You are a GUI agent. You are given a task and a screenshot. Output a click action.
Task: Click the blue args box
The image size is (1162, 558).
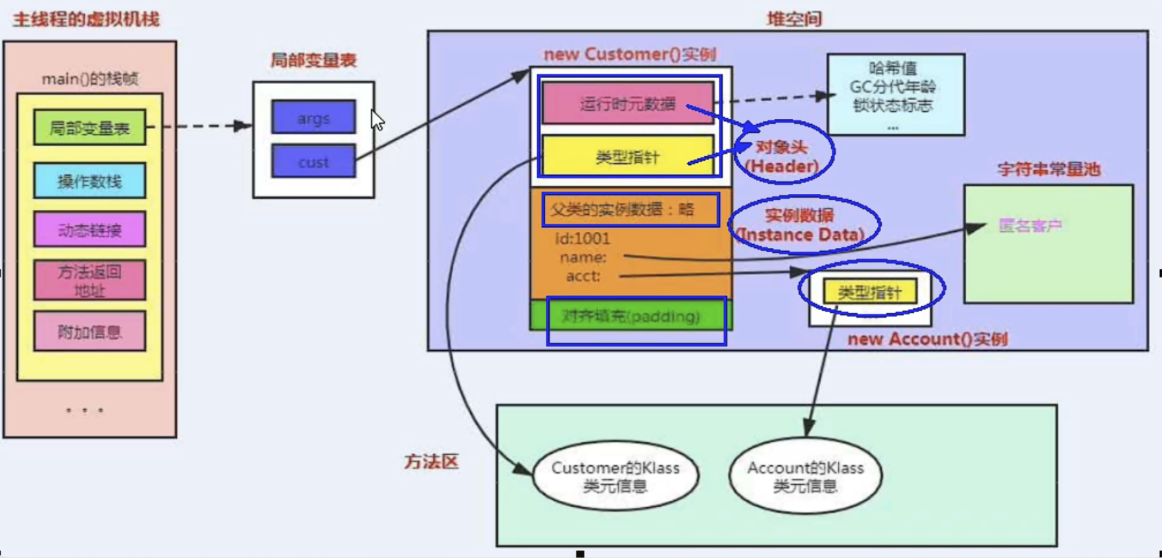[313, 118]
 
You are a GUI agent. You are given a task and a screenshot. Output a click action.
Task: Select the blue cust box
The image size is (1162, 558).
[313, 161]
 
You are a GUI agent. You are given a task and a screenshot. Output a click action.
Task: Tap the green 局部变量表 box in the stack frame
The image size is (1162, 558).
[90, 128]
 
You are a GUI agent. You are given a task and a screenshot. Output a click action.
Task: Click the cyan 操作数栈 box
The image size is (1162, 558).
[90, 181]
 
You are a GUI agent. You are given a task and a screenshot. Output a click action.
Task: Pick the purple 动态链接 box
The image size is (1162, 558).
[90, 229]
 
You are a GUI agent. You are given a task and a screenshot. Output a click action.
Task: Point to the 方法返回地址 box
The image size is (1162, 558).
[90, 280]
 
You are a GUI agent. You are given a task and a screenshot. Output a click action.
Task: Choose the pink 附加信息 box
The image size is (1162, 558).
[90, 331]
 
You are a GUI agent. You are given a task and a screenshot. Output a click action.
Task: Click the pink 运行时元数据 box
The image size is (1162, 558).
[627, 104]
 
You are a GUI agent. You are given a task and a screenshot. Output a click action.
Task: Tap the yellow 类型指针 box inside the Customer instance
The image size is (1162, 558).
[627, 156]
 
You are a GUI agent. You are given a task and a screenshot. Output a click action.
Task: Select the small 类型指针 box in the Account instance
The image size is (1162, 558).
[870, 292]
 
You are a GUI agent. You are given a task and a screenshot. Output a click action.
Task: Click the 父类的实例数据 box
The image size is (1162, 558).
[631, 210]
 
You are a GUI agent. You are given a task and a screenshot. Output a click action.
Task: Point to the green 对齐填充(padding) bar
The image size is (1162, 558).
[631, 316]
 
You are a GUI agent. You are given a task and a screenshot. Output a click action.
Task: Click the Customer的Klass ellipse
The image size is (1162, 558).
[615, 476]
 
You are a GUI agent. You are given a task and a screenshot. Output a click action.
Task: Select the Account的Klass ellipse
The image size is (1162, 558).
[805, 476]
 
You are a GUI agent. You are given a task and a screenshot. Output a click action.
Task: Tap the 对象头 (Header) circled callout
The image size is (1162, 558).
[783, 156]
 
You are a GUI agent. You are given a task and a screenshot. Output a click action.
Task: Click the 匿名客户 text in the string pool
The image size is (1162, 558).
[1030, 226]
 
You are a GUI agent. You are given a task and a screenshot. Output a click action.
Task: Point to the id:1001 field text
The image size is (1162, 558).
[582, 238]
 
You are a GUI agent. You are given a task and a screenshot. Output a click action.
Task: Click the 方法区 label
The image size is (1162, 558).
[431, 461]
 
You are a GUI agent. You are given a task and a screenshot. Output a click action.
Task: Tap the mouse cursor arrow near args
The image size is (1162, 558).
[377, 119]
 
